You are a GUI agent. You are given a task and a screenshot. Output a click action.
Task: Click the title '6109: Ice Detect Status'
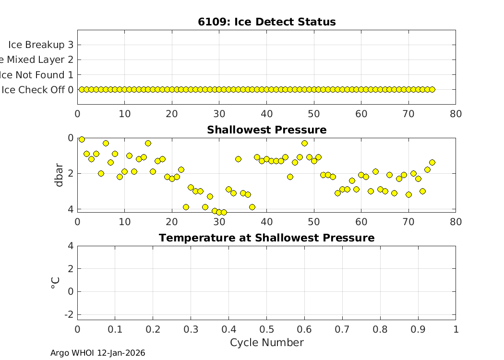[x=266, y=22]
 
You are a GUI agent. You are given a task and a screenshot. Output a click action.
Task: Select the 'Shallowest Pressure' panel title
[x=266, y=130]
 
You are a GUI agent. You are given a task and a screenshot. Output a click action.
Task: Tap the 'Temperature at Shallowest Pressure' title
[x=266, y=238]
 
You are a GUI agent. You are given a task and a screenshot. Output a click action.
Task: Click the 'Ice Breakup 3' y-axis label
[x=41, y=45]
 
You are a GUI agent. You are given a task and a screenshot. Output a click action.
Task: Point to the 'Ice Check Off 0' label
[x=37, y=90]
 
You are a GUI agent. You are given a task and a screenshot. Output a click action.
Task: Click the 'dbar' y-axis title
[x=59, y=174]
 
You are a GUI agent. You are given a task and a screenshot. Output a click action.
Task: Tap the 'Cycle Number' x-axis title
[x=266, y=343]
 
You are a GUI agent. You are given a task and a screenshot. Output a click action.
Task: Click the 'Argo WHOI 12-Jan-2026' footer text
[x=98, y=353]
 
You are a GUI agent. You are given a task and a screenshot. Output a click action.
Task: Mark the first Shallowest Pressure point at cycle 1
[x=82, y=139]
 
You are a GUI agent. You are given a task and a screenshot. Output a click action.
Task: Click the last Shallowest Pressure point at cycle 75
[x=432, y=162]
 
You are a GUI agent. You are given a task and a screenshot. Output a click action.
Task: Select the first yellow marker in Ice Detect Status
[x=82, y=89]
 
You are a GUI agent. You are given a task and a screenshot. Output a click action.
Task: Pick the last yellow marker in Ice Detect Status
[x=432, y=89]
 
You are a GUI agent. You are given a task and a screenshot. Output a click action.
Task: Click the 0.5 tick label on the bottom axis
[x=266, y=329]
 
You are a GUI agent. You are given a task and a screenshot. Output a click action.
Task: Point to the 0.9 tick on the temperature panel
[x=418, y=329]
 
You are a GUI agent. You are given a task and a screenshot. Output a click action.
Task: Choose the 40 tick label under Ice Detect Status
[x=266, y=114]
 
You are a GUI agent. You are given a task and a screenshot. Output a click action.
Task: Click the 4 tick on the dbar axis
[x=71, y=209]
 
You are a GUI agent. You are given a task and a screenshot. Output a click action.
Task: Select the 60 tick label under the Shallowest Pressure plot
[x=361, y=222]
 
